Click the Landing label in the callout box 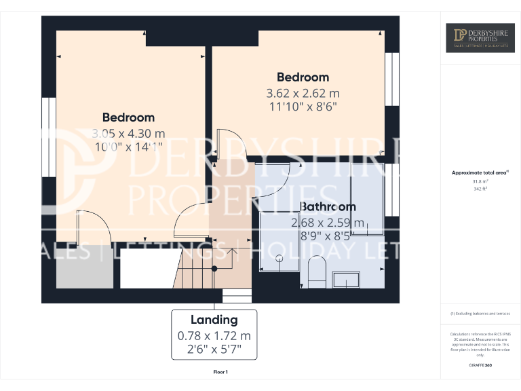[214, 320]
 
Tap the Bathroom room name [328, 206]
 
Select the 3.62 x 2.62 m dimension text [303, 93]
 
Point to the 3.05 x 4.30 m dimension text [128, 134]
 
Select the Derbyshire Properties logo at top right [480, 38]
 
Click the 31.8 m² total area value [480, 182]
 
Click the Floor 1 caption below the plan [220, 372]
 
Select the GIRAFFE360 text [480, 366]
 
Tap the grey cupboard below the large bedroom [84, 271]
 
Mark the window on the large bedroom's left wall [48, 137]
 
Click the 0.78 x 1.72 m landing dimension [214, 336]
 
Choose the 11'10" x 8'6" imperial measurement [303, 107]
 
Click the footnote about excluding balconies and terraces [480, 314]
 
